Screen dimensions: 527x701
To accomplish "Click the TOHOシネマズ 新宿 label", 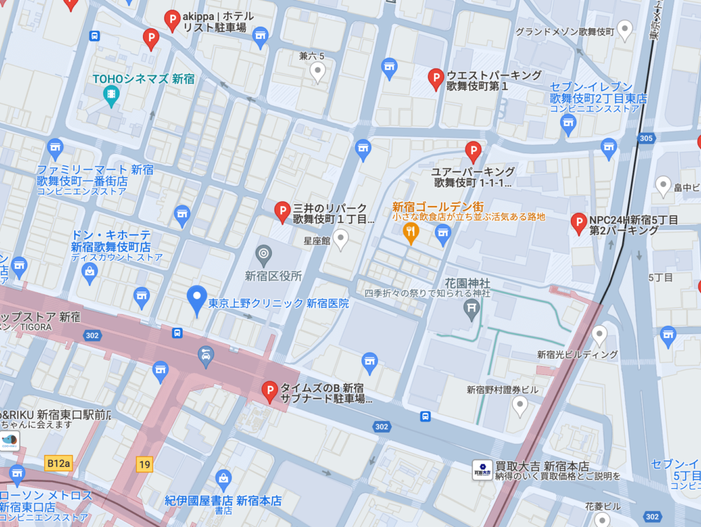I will (x=144, y=79).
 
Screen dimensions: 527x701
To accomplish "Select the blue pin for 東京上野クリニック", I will (x=197, y=299).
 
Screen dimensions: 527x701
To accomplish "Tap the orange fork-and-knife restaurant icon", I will (x=411, y=233).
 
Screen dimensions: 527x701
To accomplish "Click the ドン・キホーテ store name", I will (x=111, y=235).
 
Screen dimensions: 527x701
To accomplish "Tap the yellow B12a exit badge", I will (x=58, y=463).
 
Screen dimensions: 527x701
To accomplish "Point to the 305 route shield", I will (x=646, y=138).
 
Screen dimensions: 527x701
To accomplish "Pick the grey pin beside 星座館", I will (x=340, y=239).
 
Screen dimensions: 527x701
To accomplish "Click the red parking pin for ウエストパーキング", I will (x=435, y=79).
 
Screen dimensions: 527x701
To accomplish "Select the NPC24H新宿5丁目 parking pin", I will (x=579, y=222).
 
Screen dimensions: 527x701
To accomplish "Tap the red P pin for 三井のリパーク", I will (x=282, y=211).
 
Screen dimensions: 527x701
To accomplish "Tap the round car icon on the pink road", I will (x=205, y=355).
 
